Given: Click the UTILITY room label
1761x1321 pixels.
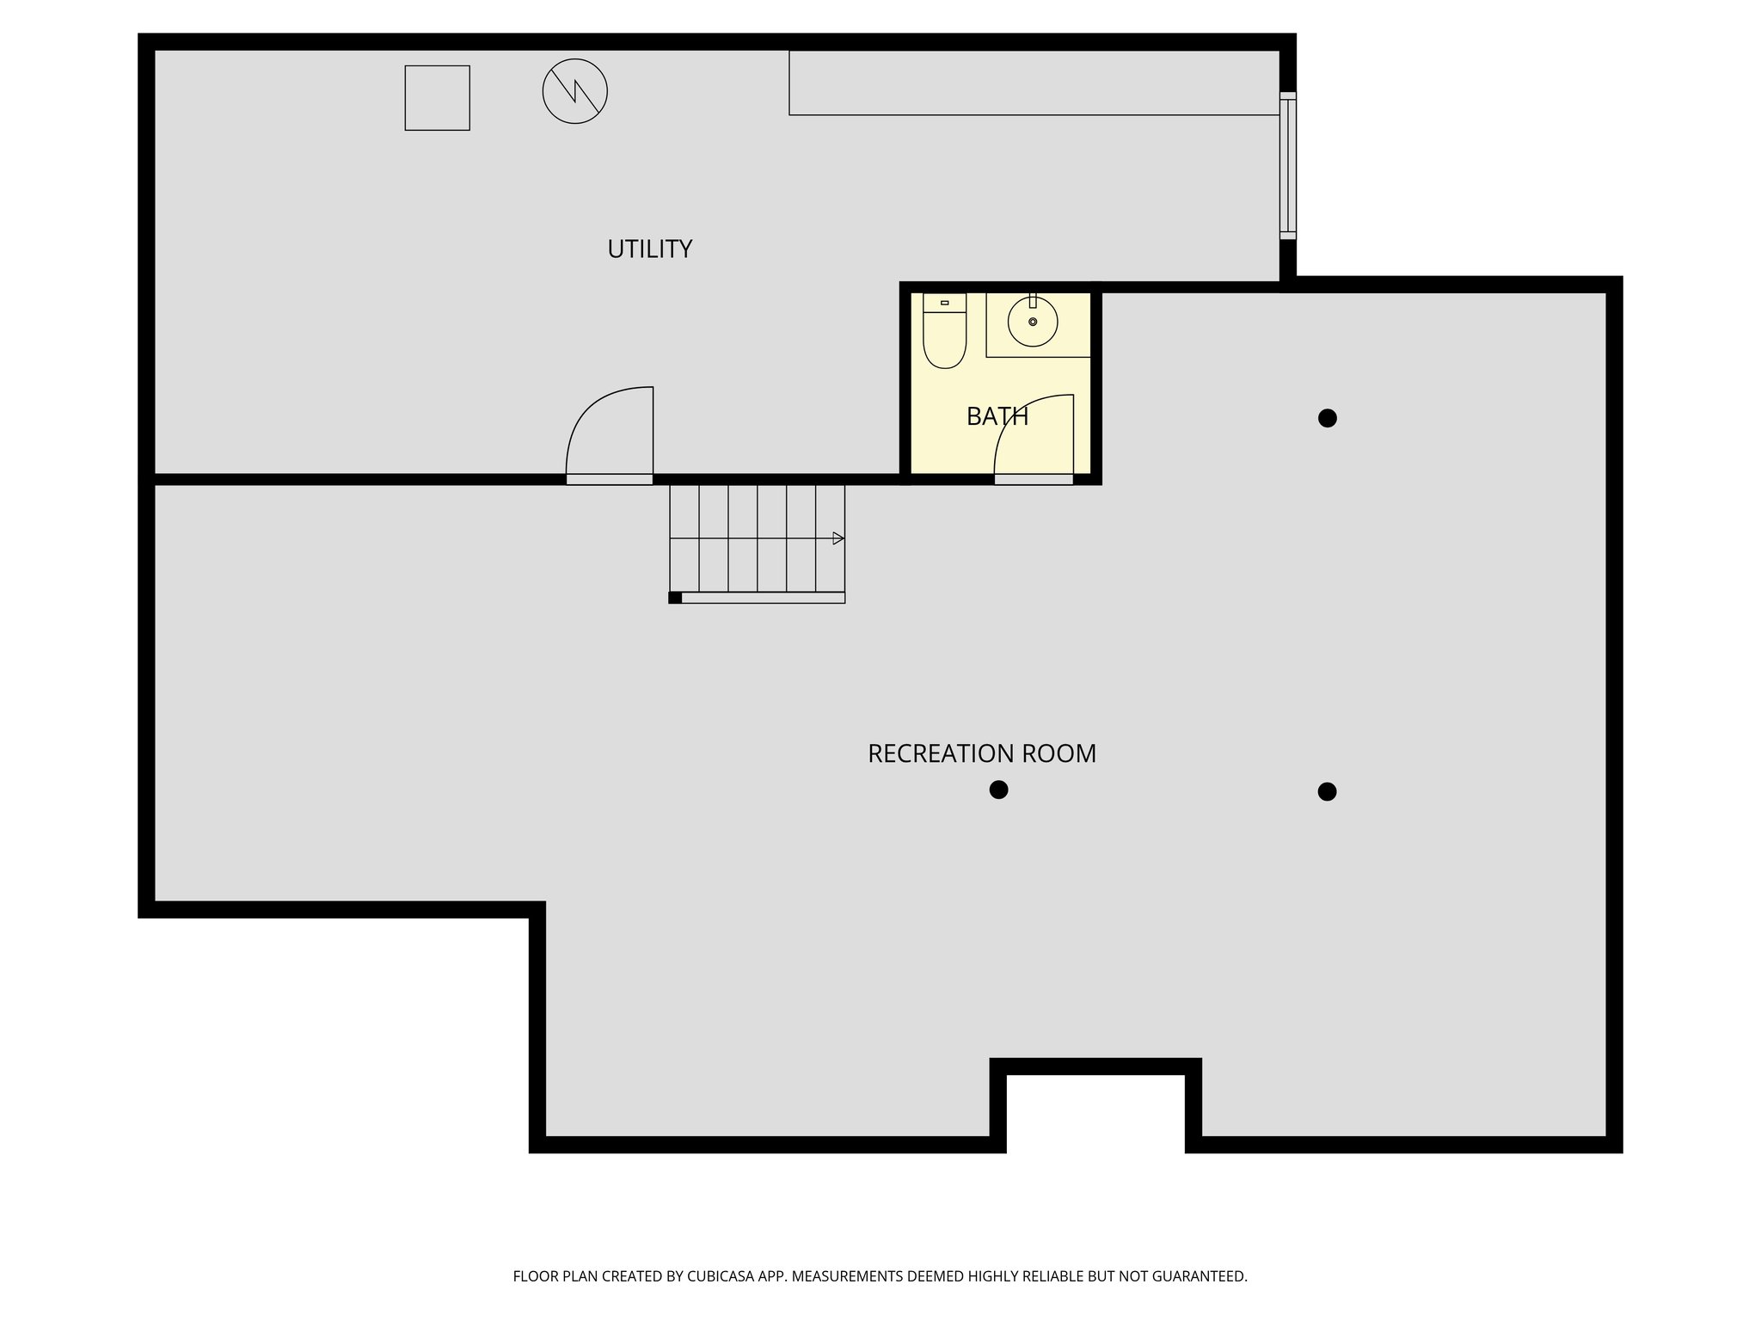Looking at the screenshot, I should tap(649, 249).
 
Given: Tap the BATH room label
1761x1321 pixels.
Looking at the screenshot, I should tap(997, 416).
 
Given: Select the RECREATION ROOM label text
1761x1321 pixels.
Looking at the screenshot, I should tap(981, 753).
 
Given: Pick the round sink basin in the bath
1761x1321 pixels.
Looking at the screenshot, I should tap(1032, 323).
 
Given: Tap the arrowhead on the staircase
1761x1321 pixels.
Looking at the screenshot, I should tap(838, 538).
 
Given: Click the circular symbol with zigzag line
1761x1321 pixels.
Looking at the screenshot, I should tap(575, 91).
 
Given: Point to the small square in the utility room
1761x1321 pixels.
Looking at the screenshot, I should tap(437, 98).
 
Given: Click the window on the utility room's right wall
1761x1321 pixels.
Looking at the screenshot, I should tap(1287, 165).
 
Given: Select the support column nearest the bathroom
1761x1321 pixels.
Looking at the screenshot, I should tap(1327, 418).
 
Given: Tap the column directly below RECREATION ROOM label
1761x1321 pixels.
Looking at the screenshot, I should tap(998, 790).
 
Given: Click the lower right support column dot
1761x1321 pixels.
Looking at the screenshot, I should tap(1327, 791).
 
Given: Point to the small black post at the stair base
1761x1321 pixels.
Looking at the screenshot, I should tap(675, 598).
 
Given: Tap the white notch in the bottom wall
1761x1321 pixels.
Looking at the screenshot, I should tap(1095, 1114).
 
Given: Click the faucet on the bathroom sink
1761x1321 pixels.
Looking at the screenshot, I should tap(1032, 301).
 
